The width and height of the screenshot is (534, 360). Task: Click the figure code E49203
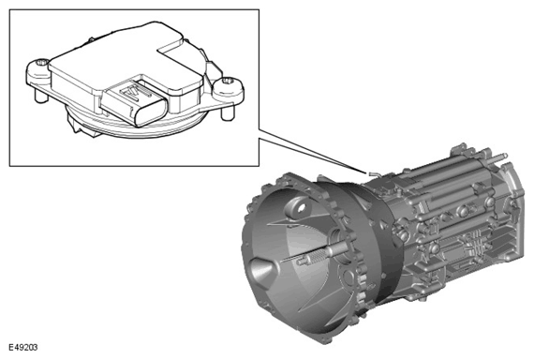coord(23,348)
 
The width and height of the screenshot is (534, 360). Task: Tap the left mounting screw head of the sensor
coord(42,63)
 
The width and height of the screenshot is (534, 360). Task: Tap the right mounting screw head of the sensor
coord(227,82)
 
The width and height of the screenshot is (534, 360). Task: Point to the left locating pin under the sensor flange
coord(41,96)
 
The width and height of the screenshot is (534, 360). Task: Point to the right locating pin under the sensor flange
coord(227,112)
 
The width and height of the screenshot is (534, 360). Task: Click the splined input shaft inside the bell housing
coord(320,254)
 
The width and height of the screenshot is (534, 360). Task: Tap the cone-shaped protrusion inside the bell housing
coord(263,271)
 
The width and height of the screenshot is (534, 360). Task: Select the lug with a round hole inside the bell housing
coord(297,208)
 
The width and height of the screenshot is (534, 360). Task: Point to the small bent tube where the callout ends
coord(374,173)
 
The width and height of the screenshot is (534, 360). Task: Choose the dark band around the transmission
coord(385,239)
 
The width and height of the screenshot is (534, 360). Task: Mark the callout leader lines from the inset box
coord(312,151)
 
